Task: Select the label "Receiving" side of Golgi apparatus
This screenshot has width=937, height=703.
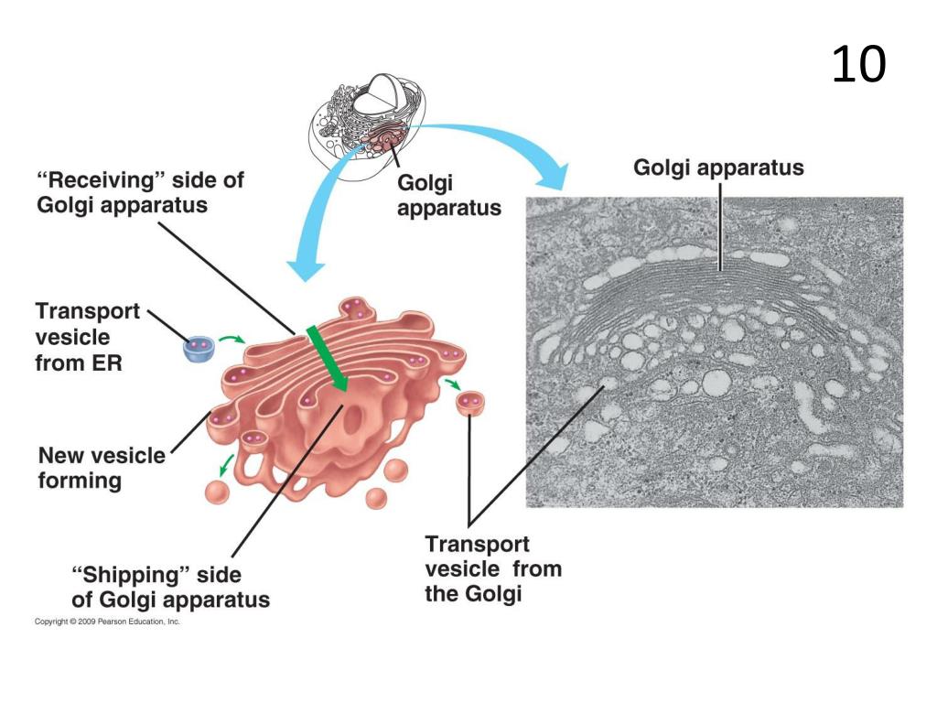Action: click(140, 192)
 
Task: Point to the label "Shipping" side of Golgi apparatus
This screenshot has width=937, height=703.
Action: click(170, 587)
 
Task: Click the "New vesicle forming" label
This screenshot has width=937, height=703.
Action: click(102, 468)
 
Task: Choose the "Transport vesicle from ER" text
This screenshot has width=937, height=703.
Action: click(88, 337)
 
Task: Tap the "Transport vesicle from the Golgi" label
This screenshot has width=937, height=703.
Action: click(493, 568)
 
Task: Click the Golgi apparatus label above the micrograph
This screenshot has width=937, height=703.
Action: click(719, 168)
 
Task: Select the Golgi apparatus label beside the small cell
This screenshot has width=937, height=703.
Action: click(449, 195)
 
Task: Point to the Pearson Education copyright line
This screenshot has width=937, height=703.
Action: click(107, 622)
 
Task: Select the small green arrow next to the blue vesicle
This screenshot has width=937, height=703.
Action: click(234, 340)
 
